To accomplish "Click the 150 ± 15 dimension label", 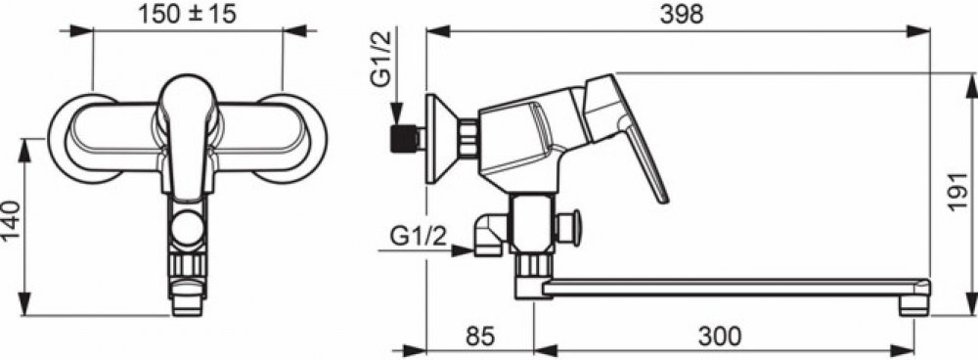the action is pos(187,14).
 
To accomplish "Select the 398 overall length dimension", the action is pos(682,14).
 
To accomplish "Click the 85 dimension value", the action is pos(480,336).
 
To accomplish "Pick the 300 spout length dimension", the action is pos(719,336).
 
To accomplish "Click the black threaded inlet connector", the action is pos(403,139).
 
